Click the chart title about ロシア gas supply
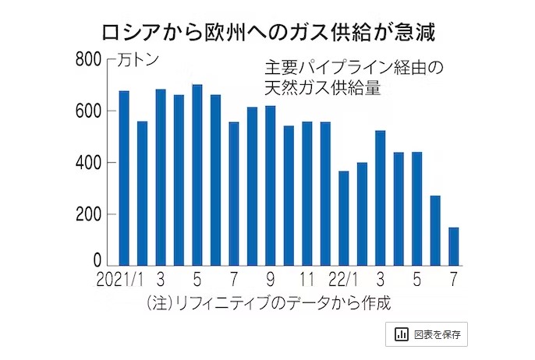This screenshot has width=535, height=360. point(267,33)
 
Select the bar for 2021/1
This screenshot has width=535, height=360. point(124,178)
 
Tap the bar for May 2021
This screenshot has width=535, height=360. point(197,175)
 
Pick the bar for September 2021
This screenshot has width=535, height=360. point(271,186)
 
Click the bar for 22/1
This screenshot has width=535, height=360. point(344,218)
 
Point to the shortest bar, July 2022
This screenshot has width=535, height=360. point(454,246)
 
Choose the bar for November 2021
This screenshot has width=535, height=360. point(307,194)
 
